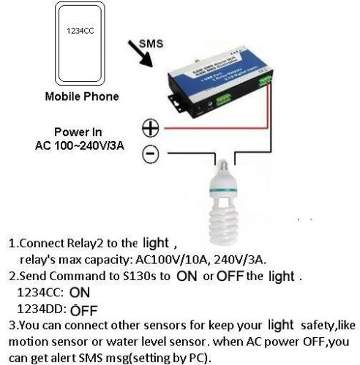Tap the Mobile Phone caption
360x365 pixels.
(82, 97)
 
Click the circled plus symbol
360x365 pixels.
(149, 128)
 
